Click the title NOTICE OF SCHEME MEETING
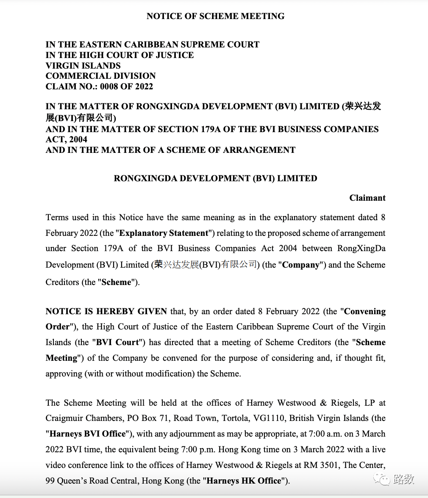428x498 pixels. [215, 16]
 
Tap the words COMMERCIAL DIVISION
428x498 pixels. [100, 76]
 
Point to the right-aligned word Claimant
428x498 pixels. [367, 198]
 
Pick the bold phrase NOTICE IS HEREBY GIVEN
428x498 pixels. [106, 311]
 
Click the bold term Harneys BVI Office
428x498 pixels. [88, 434]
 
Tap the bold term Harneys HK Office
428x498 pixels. [244, 481]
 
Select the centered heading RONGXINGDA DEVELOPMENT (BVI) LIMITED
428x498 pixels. [215, 178]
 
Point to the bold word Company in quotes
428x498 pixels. [300, 265]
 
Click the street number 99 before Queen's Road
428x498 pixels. [51, 481]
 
